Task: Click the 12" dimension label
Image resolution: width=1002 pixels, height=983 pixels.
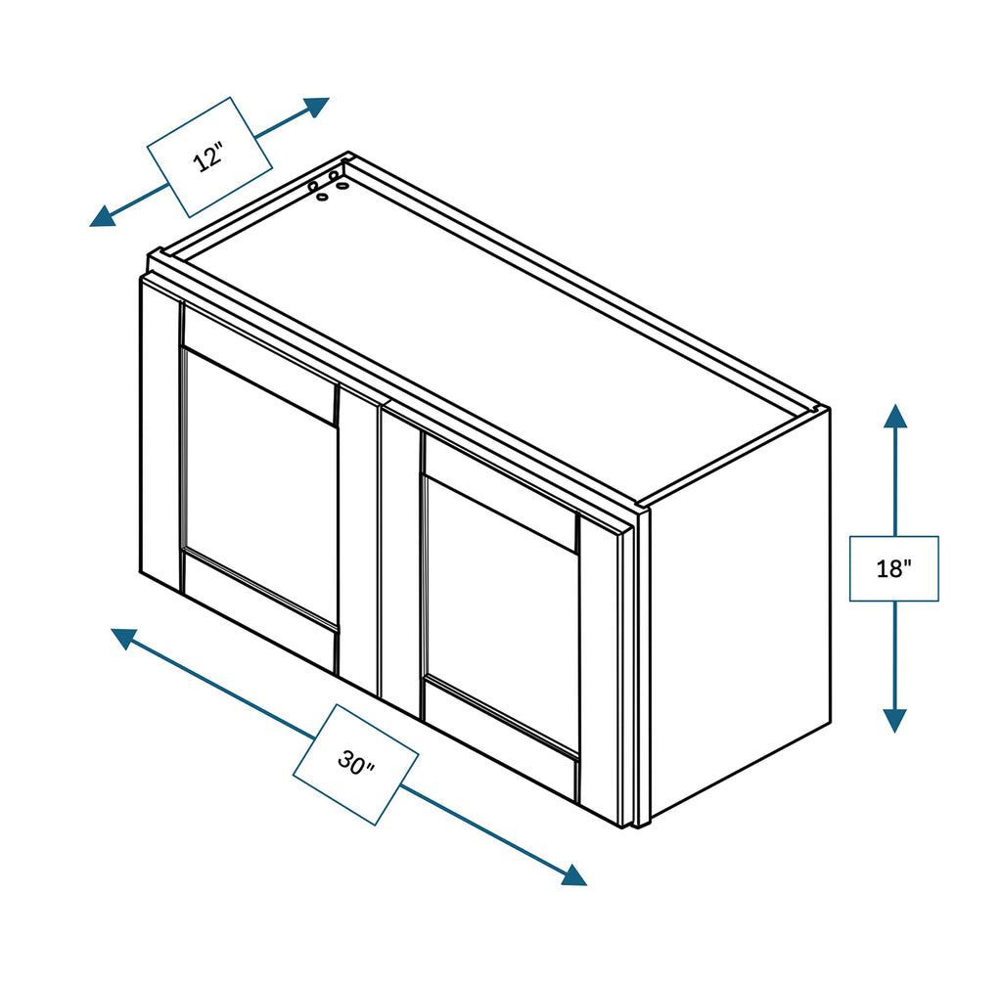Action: point(208,156)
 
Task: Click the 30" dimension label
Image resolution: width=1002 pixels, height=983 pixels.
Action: point(356,764)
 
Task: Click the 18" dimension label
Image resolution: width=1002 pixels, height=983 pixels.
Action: point(893,568)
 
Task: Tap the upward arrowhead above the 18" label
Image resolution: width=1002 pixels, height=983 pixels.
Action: point(894,416)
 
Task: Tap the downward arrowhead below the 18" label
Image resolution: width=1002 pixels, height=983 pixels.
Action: point(894,720)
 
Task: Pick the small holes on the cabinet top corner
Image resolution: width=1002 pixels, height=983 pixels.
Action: point(325,184)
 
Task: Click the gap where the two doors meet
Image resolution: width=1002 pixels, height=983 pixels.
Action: point(380,548)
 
